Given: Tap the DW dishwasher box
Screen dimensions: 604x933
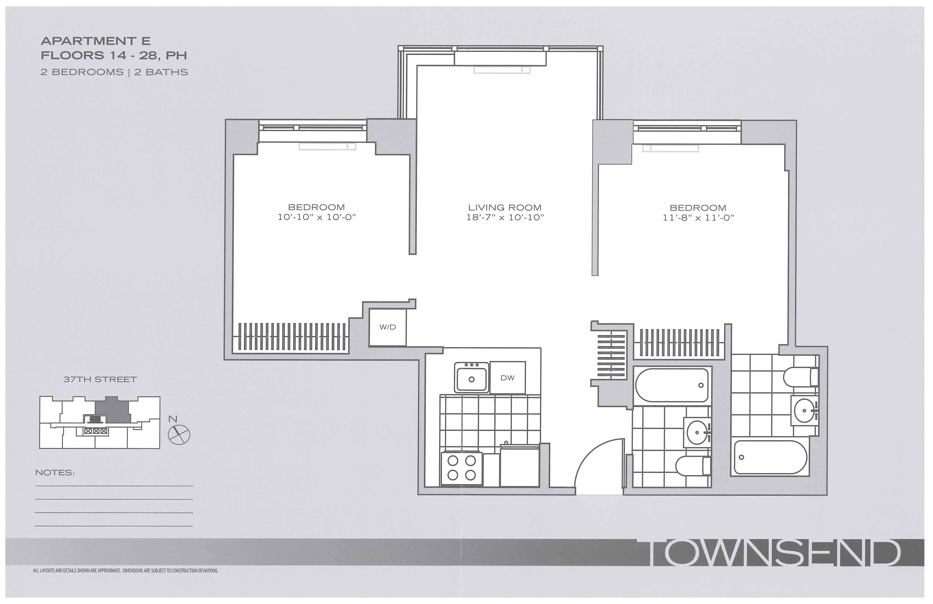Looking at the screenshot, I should pyautogui.click(x=507, y=378).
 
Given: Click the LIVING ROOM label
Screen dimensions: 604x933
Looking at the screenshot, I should pyautogui.click(x=505, y=208).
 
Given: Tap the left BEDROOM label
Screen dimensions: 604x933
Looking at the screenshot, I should pyautogui.click(x=316, y=207).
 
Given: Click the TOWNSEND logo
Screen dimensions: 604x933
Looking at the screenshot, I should pyautogui.click(x=774, y=553).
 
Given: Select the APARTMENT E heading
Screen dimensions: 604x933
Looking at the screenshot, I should pyautogui.click(x=96, y=41).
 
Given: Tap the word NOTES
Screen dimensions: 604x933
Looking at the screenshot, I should pyautogui.click(x=55, y=473).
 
